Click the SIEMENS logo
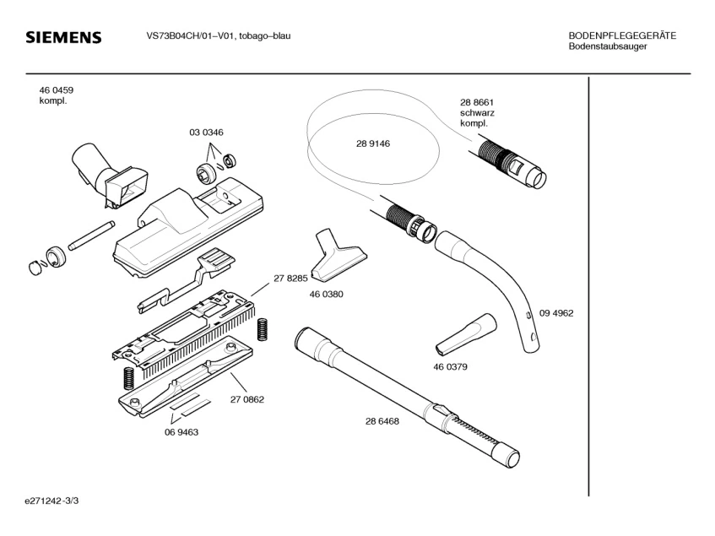63,38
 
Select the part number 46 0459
56,89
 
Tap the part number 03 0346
206,133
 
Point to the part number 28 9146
372,143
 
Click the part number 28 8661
476,101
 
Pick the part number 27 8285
290,278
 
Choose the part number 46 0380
325,295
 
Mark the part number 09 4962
556,313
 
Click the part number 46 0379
451,367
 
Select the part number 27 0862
247,399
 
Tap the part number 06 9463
181,431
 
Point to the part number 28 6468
382,420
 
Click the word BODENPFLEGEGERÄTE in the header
621,35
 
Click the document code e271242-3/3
52,501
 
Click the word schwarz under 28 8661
477,112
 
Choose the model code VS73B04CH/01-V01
186,35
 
